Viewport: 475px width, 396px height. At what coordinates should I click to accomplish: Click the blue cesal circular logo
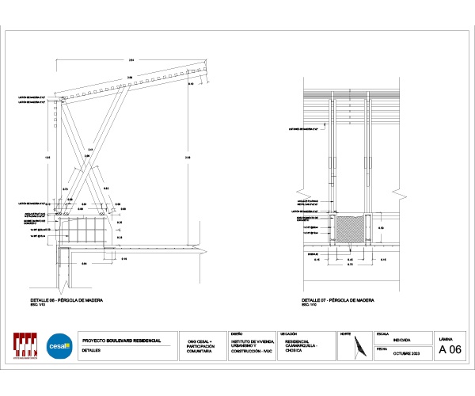59,346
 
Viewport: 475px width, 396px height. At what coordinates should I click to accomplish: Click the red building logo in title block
26,346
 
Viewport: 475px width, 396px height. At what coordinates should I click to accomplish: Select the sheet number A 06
449,350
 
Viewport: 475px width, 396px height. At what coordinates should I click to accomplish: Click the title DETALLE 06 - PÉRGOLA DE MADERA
66,301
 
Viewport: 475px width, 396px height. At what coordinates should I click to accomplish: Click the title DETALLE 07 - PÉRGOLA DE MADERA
338,301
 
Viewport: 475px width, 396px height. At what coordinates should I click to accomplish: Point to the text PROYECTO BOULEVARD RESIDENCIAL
121,341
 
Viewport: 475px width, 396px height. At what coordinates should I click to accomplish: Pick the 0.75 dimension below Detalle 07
350,265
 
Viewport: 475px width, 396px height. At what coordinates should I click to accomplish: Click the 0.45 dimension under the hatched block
351,258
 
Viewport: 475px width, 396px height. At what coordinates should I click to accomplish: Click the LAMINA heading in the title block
445,338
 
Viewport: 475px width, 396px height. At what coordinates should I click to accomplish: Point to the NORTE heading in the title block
344,334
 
